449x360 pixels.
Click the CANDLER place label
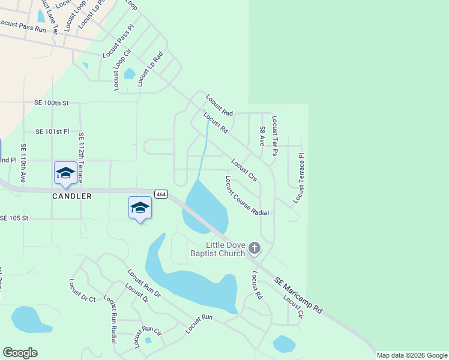72,196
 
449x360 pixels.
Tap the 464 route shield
161,194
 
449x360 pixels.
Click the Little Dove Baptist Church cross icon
255,247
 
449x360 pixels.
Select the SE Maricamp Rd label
299,296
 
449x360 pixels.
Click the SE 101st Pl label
52,131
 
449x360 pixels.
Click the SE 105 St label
23,218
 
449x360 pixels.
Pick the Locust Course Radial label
247,196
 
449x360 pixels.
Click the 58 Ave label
262,137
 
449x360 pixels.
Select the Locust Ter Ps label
274,136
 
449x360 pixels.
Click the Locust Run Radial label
111,319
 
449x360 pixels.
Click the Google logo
20,353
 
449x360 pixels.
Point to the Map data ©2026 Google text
412,355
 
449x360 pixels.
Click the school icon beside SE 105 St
140,208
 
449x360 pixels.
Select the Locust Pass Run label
23,26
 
